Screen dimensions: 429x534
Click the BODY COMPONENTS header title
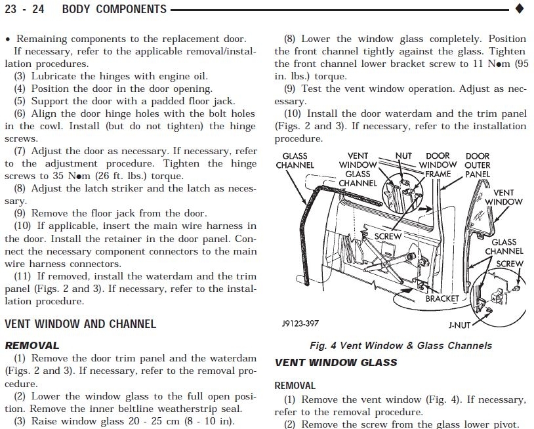[114, 10]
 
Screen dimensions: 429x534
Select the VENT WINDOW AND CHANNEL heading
[80, 324]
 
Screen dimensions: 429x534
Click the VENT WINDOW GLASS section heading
[336, 362]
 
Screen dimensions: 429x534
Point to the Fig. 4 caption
[400, 346]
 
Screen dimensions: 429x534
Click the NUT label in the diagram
[403, 157]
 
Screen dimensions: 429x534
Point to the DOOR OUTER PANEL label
[477, 165]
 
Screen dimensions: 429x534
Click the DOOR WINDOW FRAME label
[438, 165]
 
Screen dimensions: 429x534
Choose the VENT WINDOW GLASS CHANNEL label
[358, 169]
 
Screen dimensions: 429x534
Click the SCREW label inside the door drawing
[388, 235]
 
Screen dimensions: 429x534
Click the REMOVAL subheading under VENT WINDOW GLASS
[295, 386]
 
